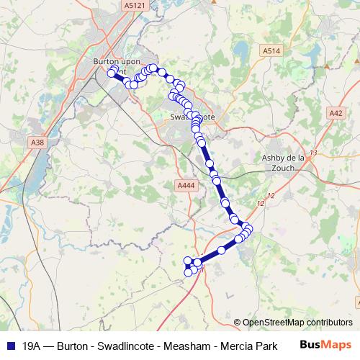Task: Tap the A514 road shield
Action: point(271,51)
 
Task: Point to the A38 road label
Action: point(37,143)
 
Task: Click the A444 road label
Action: point(186,186)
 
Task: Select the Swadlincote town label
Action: point(192,116)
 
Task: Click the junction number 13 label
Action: point(312,152)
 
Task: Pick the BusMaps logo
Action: point(325,346)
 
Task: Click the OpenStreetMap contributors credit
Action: point(297,323)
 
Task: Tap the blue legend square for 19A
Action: point(9,346)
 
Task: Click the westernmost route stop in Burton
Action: point(112,73)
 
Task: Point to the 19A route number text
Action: point(31,346)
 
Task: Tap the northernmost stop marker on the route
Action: point(153,68)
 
